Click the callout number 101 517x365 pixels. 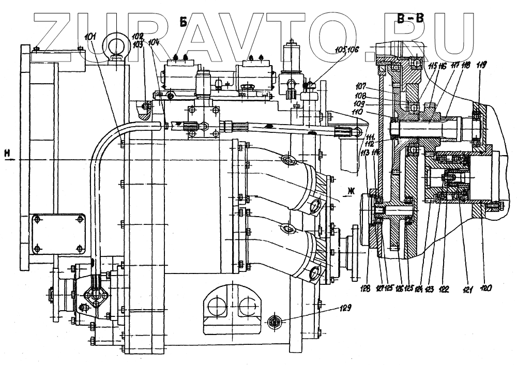[96, 38]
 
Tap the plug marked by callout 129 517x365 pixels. [275, 323]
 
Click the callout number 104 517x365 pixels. [155, 42]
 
